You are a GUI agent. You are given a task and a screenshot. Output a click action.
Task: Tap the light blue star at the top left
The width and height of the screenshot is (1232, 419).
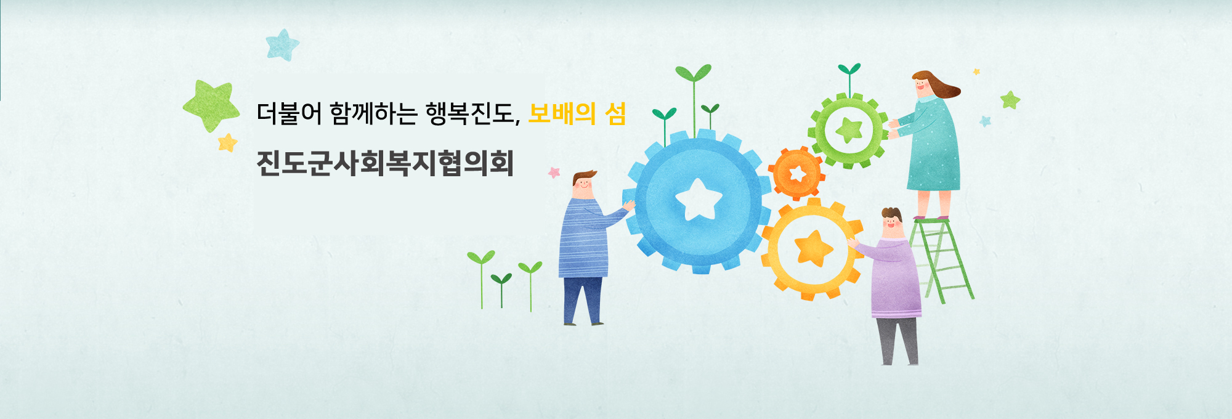pos(282,45)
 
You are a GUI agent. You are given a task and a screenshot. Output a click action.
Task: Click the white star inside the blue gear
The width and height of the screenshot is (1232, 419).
pos(699,199)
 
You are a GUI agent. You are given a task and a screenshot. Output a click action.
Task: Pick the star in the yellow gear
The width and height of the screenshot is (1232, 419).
pos(813,248)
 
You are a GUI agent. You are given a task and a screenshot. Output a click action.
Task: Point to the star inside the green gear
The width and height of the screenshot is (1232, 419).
pos(849,130)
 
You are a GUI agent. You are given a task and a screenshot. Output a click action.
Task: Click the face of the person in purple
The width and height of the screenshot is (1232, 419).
pos(891,226)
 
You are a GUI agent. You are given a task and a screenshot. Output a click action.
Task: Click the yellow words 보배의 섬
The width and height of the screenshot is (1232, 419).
pos(577,113)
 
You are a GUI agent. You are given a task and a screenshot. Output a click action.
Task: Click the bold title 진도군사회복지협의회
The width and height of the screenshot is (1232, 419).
pos(385,163)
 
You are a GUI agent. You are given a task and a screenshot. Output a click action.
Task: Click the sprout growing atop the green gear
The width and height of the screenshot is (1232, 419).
pos(850,79)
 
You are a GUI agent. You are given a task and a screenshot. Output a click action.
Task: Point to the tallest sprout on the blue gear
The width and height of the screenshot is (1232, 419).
pos(694,99)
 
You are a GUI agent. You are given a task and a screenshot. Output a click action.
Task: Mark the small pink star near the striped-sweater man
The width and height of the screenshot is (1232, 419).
pos(554,173)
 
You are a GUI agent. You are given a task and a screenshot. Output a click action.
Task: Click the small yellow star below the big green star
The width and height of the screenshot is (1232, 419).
pos(227,143)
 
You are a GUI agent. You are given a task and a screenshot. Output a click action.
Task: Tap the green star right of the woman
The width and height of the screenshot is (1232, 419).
pos(1010,100)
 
